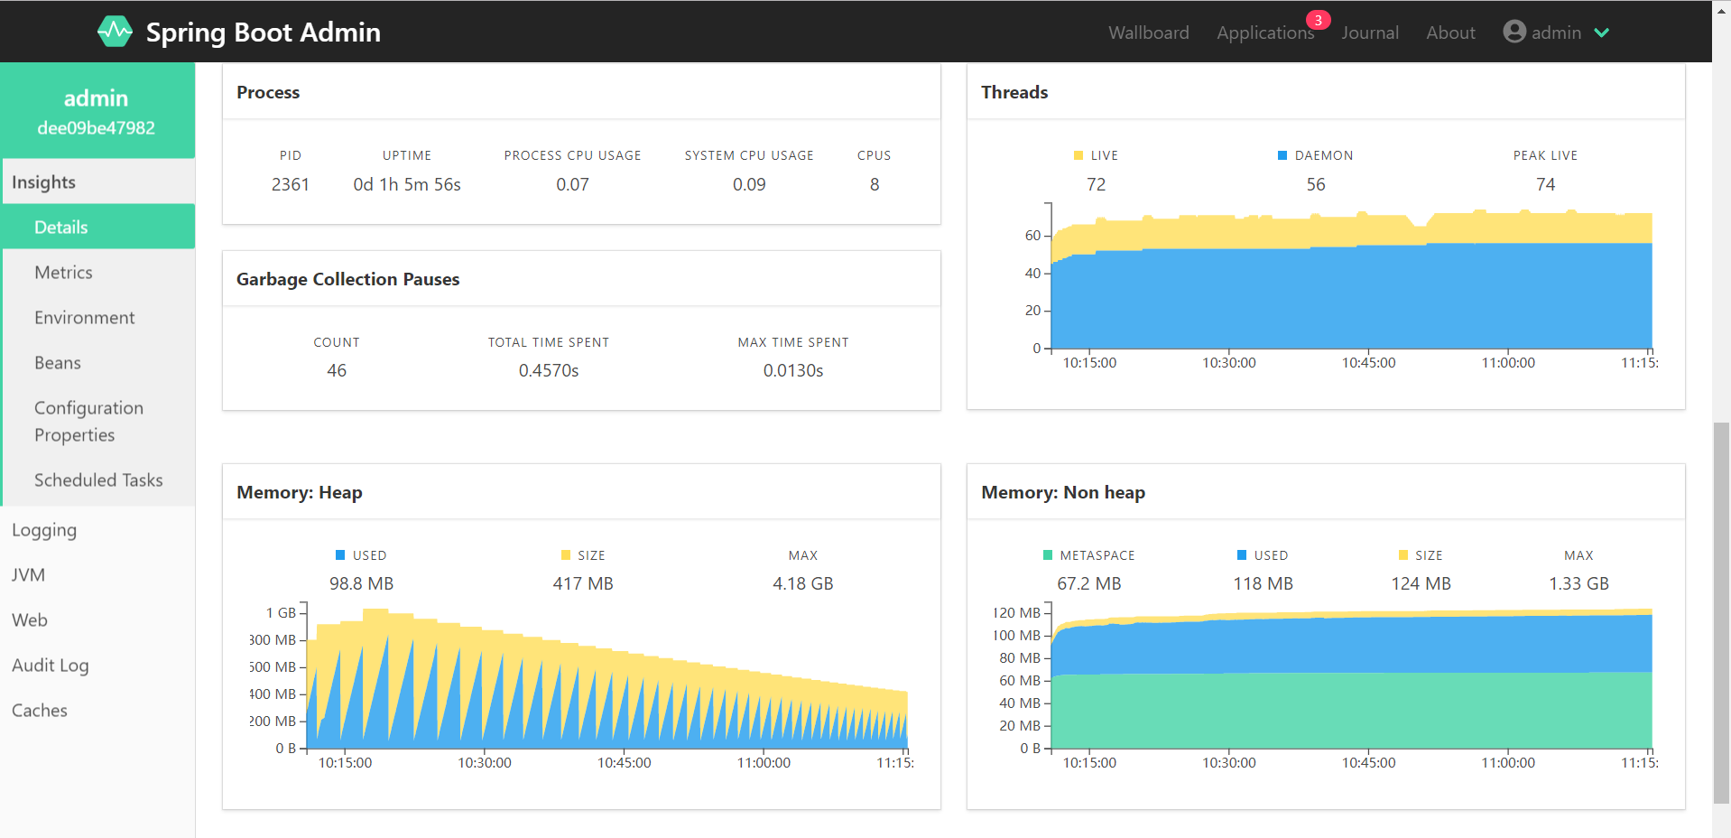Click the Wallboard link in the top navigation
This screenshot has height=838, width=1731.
pyautogui.click(x=1148, y=33)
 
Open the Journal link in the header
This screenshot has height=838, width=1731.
pyautogui.click(x=1369, y=33)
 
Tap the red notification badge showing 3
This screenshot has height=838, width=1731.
pyautogui.click(x=1318, y=20)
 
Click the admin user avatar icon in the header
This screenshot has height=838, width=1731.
pyautogui.click(x=1513, y=32)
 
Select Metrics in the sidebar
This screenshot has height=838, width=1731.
pyautogui.click(x=63, y=272)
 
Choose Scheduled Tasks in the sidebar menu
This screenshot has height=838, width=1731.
pyautogui.click(x=98, y=480)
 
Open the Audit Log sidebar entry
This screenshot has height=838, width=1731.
pyautogui.click(x=50, y=665)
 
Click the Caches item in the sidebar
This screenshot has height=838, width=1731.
pyautogui.click(x=40, y=710)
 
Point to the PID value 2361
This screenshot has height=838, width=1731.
pyautogui.click(x=290, y=184)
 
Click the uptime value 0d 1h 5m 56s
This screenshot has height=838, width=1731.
pyautogui.click(x=406, y=184)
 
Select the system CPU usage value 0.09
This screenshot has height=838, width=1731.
pyautogui.click(x=748, y=184)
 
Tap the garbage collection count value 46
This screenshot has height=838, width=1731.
pyautogui.click(x=336, y=370)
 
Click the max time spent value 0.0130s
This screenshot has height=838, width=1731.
pyautogui.click(x=792, y=370)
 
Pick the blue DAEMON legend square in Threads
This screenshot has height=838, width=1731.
pyautogui.click(x=1282, y=155)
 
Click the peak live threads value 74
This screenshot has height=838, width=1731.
pyautogui.click(x=1545, y=184)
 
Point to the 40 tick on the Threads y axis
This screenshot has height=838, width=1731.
pyautogui.click(x=1032, y=273)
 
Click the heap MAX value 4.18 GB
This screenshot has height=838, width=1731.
pyautogui.click(x=802, y=583)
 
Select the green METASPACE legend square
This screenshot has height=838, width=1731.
pyautogui.click(x=1047, y=555)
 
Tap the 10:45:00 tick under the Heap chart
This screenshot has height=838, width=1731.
pyautogui.click(x=624, y=762)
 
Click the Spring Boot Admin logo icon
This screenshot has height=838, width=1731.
pyautogui.click(x=115, y=32)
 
